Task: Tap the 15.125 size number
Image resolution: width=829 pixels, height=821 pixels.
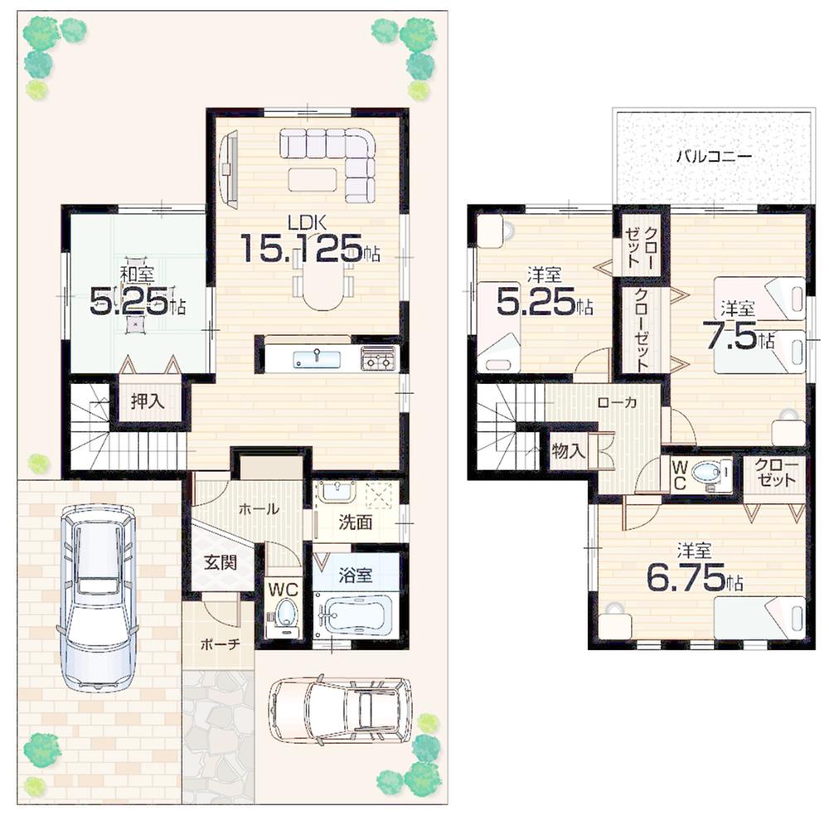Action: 303,248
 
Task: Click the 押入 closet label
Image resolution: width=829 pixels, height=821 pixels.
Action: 148,402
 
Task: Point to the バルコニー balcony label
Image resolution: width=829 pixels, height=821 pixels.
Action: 713,155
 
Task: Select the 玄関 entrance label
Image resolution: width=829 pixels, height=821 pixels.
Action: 221,561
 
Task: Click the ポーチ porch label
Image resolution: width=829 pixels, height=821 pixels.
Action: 220,644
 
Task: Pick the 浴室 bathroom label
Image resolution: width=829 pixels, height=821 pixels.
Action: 356,575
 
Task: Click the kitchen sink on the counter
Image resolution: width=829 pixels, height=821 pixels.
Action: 316,358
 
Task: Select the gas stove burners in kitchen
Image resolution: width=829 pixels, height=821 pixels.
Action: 378,359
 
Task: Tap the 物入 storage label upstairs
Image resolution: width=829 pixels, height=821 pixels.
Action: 569,452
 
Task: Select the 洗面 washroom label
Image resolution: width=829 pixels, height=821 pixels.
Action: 355,523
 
